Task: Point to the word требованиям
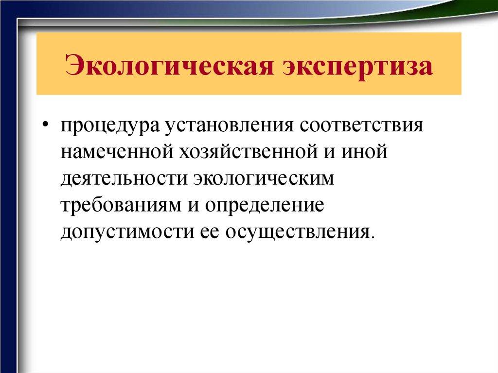click(x=120, y=205)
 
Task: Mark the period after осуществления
click(x=373, y=236)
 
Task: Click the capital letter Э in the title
click(x=73, y=66)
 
